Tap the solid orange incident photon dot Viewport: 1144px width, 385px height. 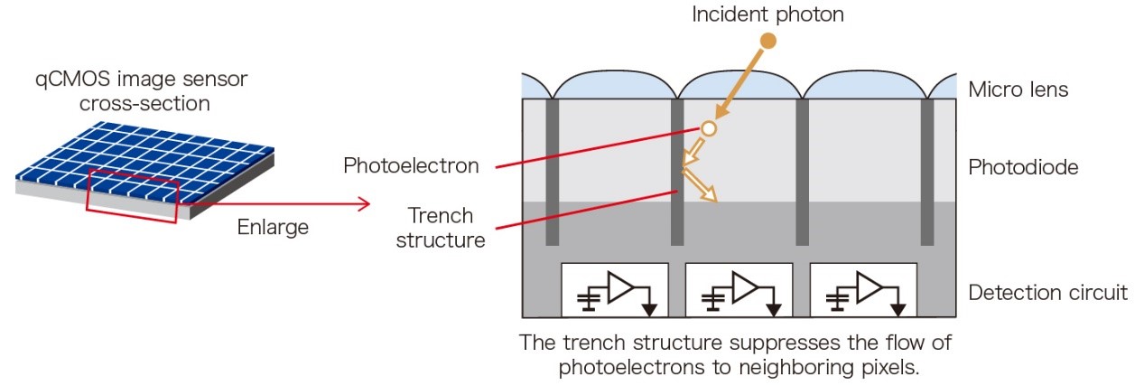pos(768,41)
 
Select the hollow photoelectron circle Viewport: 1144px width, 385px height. pos(709,129)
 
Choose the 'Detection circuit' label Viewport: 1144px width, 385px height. pos(1047,292)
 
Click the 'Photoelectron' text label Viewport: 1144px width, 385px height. pos(411,166)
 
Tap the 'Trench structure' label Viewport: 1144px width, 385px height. pos(441,229)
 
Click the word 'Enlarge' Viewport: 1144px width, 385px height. pos(273,227)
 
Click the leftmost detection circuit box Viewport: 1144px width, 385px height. pos(615,289)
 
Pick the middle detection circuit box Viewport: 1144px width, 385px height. pos(739,289)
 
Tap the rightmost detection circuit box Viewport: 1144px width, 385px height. pos(863,289)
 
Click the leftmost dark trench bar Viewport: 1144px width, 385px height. pos(553,172)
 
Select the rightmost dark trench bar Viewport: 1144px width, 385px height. pos(926,172)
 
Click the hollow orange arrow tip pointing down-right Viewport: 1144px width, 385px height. pos(711,195)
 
